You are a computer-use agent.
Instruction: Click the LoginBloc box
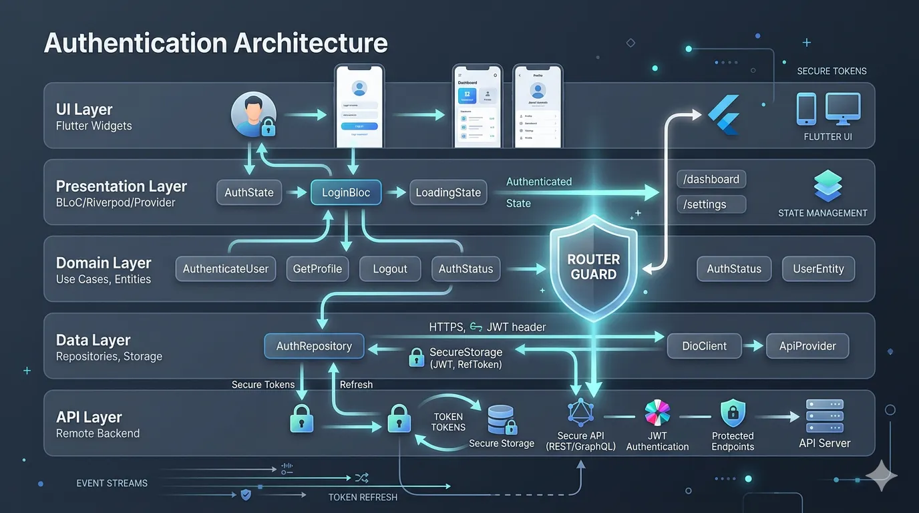pyautogui.click(x=346, y=193)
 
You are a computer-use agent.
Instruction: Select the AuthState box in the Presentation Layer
pyautogui.click(x=249, y=193)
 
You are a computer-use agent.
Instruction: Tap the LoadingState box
pyautogui.click(x=448, y=193)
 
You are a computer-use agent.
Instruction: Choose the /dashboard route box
pyautogui.click(x=711, y=180)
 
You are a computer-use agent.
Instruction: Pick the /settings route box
pyautogui.click(x=711, y=204)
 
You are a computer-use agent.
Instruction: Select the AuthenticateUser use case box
pyautogui.click(x=226, y=269)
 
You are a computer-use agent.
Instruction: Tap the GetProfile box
pyautogui.click(x=317, y=269)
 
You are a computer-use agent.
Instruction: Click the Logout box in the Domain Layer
pyautogui.click(x=390, y=269)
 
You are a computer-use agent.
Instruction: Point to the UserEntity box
pyautogui.click(x=818, y=269)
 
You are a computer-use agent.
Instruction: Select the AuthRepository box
pyautogui.click(x=315, y=346)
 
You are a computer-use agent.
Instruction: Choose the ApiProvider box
pyautogui.click(x=807, y=346)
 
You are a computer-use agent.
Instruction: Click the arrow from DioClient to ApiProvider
pyautogui.click(x=753, y=346)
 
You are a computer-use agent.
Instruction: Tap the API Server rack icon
pyautogui.click(x=824, y=415)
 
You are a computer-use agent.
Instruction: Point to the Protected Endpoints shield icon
pyautogui.click(x=733, y=414)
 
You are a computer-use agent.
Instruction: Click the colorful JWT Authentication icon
pyautogui.click(x=657, y=414)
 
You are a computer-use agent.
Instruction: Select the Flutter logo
pyautogui.click(x=724, y=115)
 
